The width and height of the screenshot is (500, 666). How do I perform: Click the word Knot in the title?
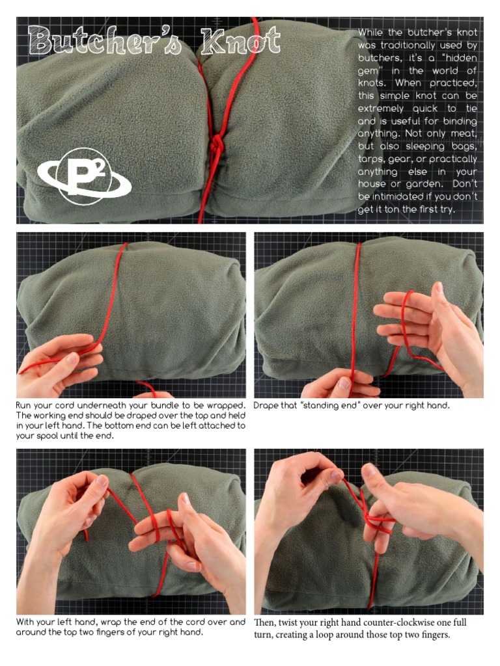coord(241,42)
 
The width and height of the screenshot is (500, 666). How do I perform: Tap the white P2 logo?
coord(85,176)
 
